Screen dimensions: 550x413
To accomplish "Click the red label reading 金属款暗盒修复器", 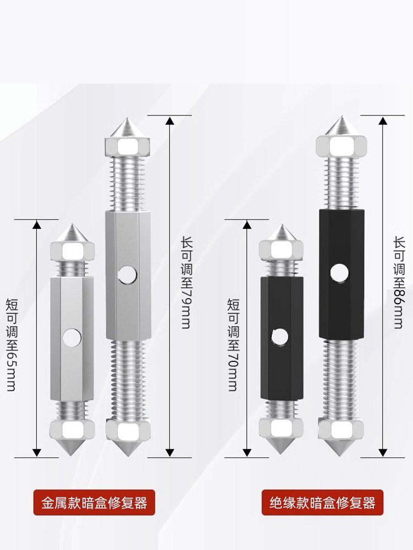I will [x=95, y=502].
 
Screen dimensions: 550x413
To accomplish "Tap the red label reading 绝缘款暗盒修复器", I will [x=322, y=502].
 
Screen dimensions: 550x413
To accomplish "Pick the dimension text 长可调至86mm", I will [x=398, y=283].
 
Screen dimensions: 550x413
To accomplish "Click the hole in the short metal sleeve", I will [x=70, y=337].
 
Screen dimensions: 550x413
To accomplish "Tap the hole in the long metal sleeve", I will [x=127, y=273].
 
